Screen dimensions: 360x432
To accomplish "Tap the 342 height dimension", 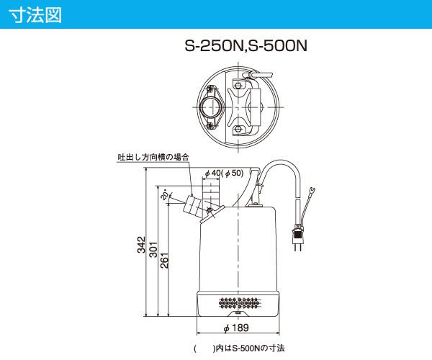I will [141, 245].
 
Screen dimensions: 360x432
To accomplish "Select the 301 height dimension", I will [153, 248].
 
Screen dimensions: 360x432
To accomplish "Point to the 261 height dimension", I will [165, 259].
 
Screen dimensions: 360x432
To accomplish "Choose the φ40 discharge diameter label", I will [214, 174].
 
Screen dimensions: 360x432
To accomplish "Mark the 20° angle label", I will [165, 195].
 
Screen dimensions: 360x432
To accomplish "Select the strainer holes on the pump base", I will [237, 300].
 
